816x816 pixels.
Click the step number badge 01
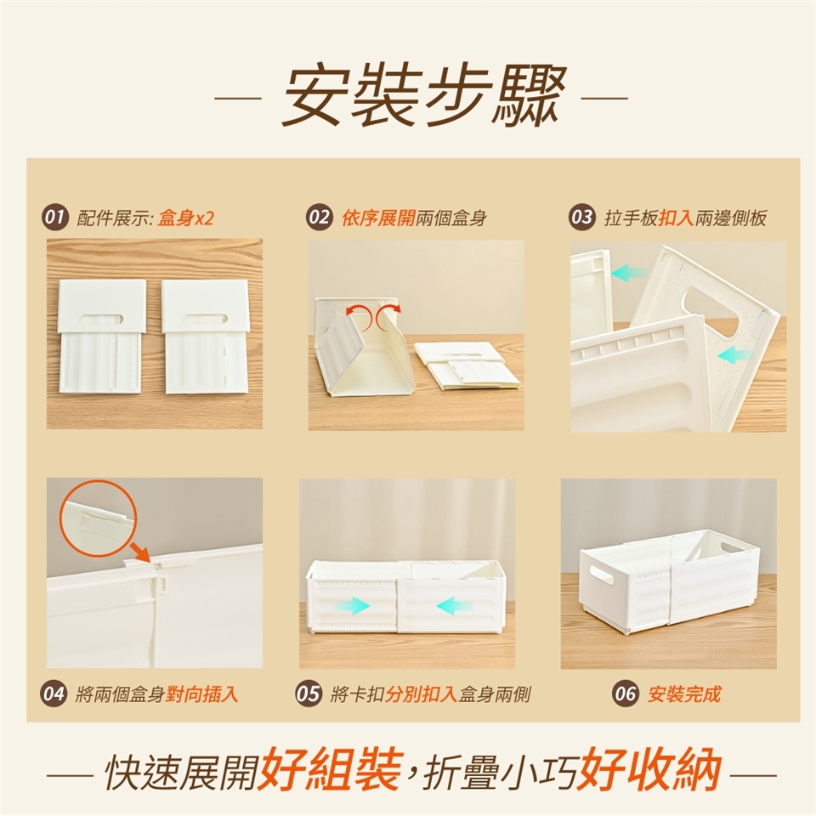tap(56, 217)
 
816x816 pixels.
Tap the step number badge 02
tap(320, 217)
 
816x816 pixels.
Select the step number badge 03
tap(582, 217)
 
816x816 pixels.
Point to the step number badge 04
tap(54, 694)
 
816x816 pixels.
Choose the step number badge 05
tap(308, 694)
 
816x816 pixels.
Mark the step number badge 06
tap(625, 694)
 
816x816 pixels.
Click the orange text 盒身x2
tap(186, 218)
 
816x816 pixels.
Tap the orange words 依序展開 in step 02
tap(378, 218)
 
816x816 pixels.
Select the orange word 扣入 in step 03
tap(677, 218)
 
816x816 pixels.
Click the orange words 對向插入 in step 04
tap(201, 694)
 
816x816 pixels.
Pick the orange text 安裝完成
tap(684, 694)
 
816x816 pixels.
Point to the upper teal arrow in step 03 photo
tap(628, 272)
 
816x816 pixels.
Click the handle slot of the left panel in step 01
tap(101, 317)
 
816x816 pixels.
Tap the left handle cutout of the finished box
tap(603, 574)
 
